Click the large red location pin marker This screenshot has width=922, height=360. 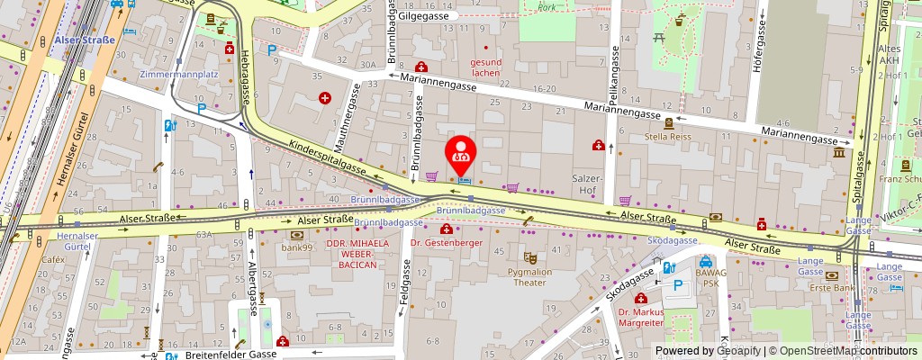[462, 155]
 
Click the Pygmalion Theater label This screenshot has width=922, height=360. [530, 276]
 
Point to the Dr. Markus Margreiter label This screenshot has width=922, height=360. [640, 318]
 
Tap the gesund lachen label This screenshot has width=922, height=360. [485, 67]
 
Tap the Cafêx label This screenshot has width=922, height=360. [53, 259]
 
